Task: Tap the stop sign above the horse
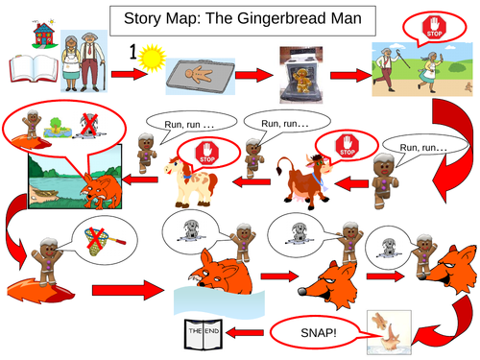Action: (208, 152)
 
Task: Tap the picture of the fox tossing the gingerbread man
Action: (389, 330)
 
